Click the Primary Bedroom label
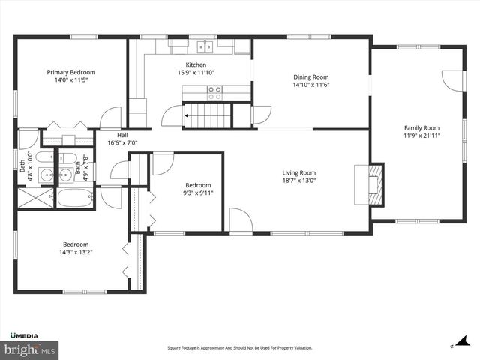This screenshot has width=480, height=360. coord(71,72)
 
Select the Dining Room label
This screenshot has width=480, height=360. coord(310,77)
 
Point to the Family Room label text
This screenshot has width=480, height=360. coord(421,128)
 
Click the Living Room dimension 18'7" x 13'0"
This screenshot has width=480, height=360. coord(298,180)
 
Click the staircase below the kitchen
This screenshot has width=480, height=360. coord(209,115)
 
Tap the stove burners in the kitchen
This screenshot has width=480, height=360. coord(214,92)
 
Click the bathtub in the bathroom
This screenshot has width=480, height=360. coord(75,199)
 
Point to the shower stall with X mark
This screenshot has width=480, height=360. coord(35,199)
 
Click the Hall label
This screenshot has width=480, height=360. coord(122,136)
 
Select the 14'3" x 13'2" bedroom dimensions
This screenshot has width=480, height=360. coord(76,252)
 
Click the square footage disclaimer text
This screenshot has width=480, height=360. coord(239,348)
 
